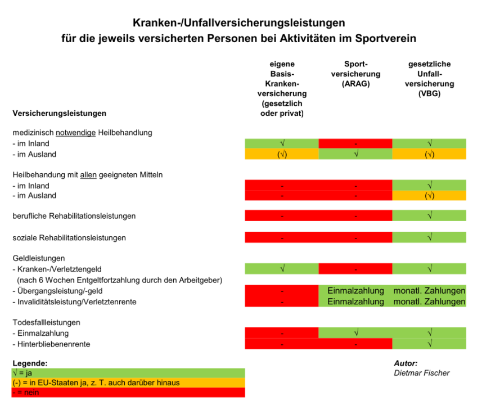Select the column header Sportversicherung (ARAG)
(x=355, y=74)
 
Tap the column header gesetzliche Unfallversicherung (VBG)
(x=429, y=79)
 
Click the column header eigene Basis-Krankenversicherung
(x=282, y=88)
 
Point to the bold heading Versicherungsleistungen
(x=59, y=113)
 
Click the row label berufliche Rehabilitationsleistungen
(x=74, y=216)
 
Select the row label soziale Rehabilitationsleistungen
(x=69, y=237)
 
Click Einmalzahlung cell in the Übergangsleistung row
(x=355, y=291)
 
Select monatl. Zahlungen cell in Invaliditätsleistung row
(x=429, y=301)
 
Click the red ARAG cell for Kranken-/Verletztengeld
(x=355, y=269)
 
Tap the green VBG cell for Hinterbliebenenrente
(x=429, y=344)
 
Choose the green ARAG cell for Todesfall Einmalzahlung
(x=355, y=333)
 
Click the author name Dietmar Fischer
(x=422, y=373)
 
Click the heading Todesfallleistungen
(x=47, y=323)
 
